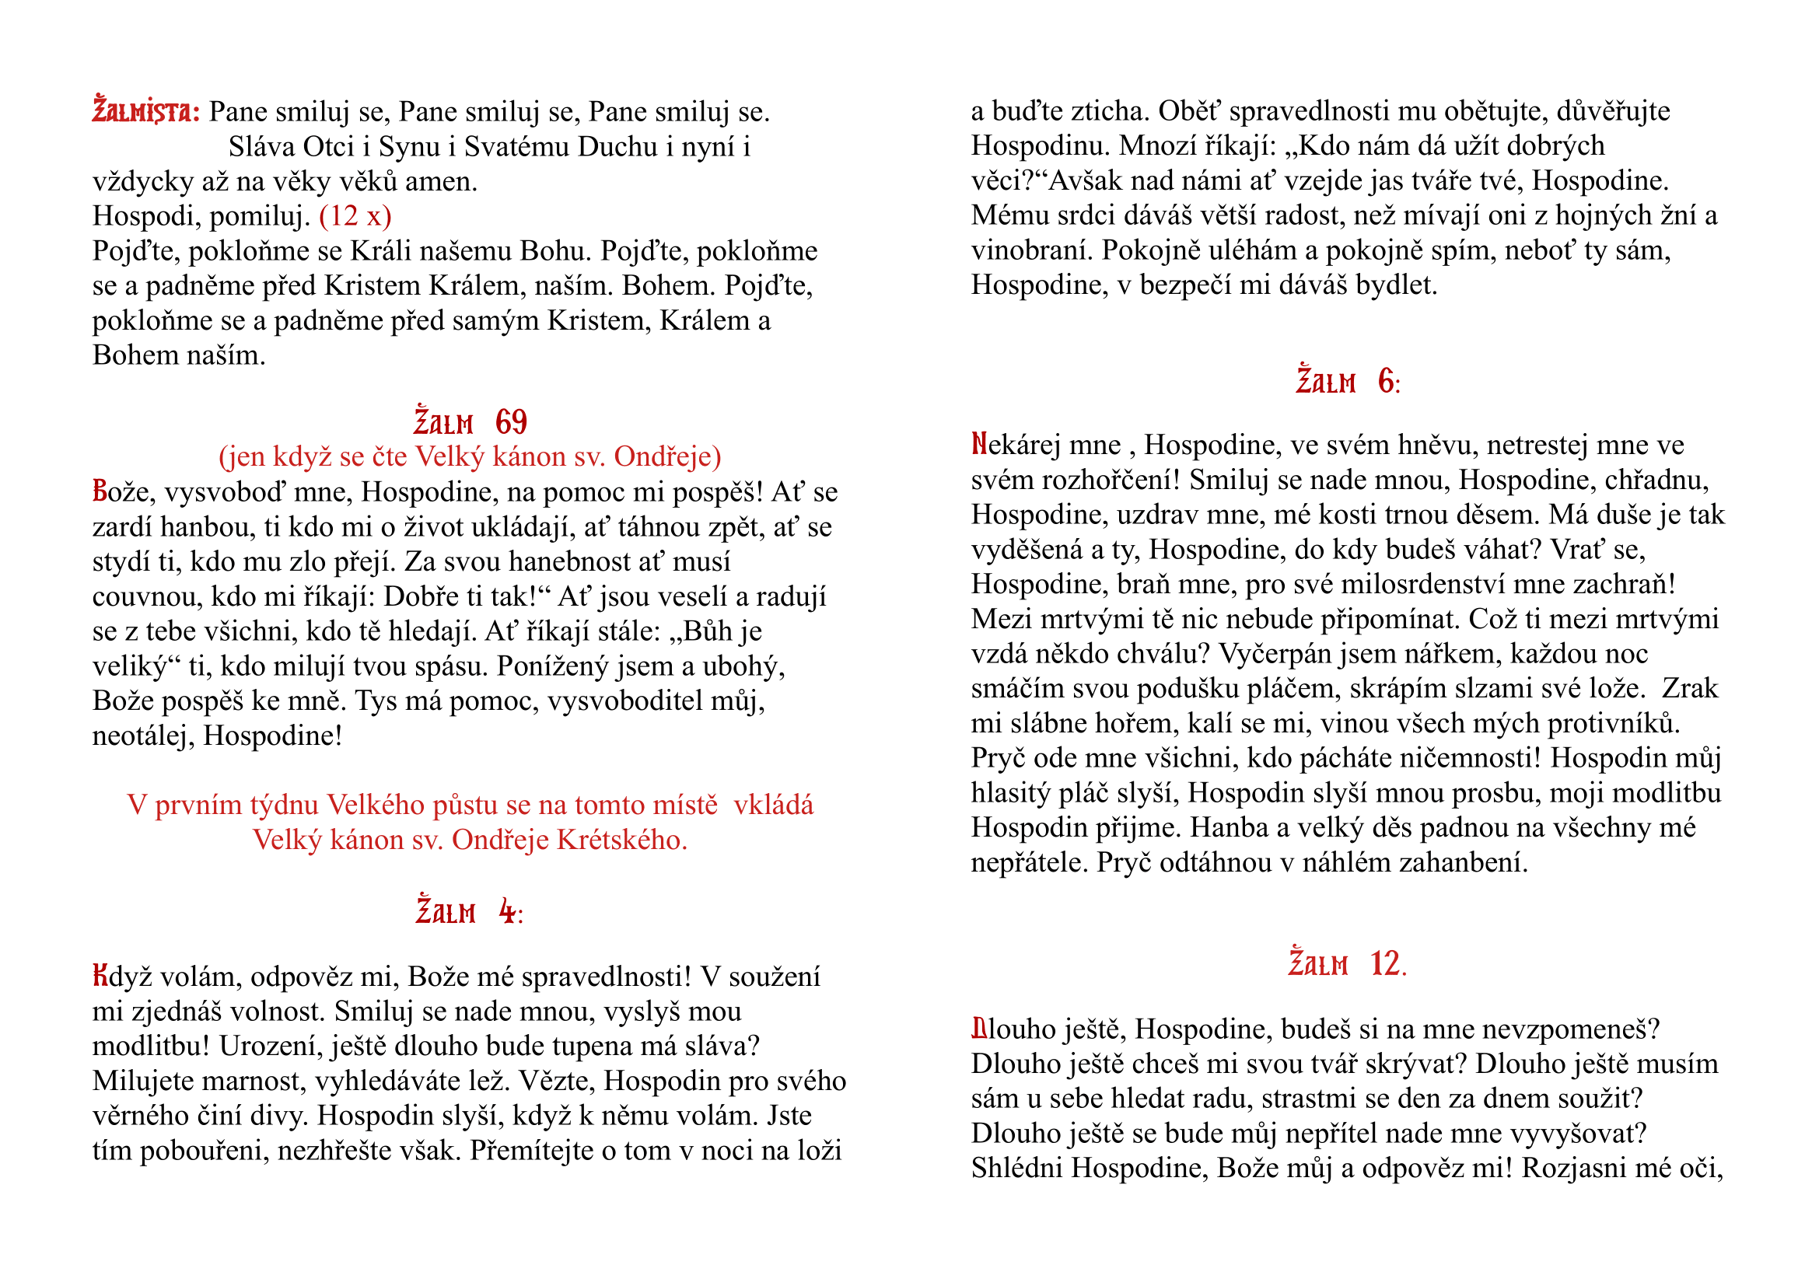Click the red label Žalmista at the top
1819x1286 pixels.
[x=145, y=112]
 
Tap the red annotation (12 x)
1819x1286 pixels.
[x=355, y=215]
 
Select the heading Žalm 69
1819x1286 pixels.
[x=470, y=423]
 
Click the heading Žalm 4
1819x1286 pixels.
[x=469, y=912]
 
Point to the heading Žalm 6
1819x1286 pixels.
[x=1348, y=383]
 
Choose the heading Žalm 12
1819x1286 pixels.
[x=1347, y=964]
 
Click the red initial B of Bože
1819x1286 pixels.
[x=100, y=491]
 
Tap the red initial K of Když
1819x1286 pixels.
[x=100, y=976]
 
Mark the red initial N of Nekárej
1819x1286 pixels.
[x=979, y=445]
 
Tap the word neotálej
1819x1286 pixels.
[x=142, y=736]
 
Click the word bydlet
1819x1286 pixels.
[x=1395, y=285]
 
